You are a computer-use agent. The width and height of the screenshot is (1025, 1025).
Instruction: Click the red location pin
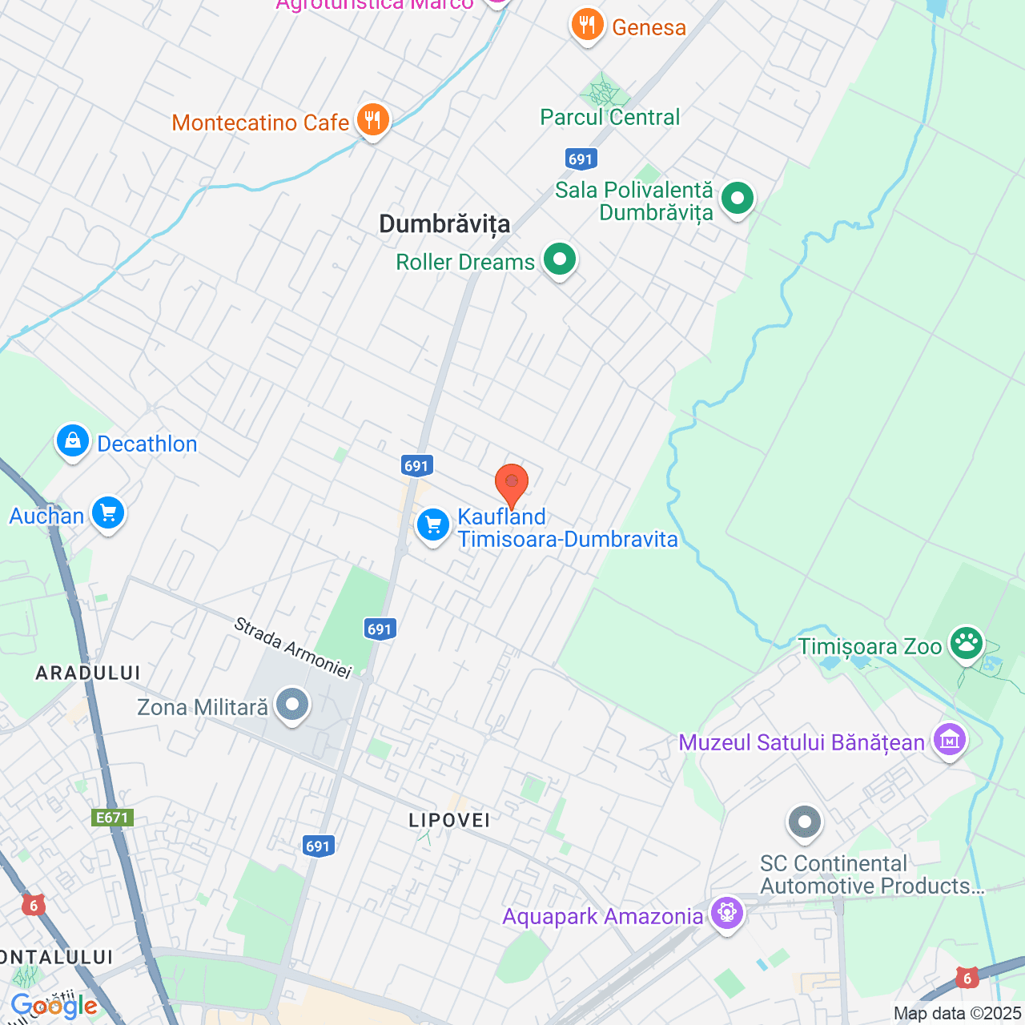point(512,484)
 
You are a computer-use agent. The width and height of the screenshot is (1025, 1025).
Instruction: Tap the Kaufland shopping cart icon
point(433,525)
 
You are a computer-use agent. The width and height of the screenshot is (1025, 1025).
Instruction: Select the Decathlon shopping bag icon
point(73,440)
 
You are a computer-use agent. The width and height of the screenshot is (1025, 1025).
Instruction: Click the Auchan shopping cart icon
point(108,512)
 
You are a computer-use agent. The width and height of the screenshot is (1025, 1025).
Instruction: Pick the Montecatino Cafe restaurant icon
point(372,120)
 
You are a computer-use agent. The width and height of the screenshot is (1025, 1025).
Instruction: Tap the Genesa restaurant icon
point(587,25)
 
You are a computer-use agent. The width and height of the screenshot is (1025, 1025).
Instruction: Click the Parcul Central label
point(609,117)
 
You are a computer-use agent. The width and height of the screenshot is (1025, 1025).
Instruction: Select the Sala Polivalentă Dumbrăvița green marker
point(738,197)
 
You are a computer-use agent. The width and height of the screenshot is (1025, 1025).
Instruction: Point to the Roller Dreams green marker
point(560,259)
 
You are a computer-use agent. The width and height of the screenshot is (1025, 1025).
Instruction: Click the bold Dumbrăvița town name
point(444,224)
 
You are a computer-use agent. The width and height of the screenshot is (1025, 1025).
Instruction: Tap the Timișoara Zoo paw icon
point(967,643)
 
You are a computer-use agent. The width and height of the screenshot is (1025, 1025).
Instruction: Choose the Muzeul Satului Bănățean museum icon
point(950,741)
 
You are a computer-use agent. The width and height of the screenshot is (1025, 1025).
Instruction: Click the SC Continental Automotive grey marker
point(805,822)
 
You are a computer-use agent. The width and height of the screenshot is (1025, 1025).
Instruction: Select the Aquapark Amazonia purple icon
point(727,913)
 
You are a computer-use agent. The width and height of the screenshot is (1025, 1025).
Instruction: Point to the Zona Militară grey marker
point(292,705)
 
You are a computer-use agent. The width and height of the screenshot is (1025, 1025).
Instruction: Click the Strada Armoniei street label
point(292,648)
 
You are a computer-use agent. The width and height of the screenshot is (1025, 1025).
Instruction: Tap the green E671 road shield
point(111,818)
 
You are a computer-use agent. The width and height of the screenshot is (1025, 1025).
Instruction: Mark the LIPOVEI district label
point(448,820)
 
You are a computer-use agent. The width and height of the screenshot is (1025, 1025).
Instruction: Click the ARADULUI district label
point(88,673)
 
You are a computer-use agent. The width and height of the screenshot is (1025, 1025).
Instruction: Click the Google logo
point(54,1006)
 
